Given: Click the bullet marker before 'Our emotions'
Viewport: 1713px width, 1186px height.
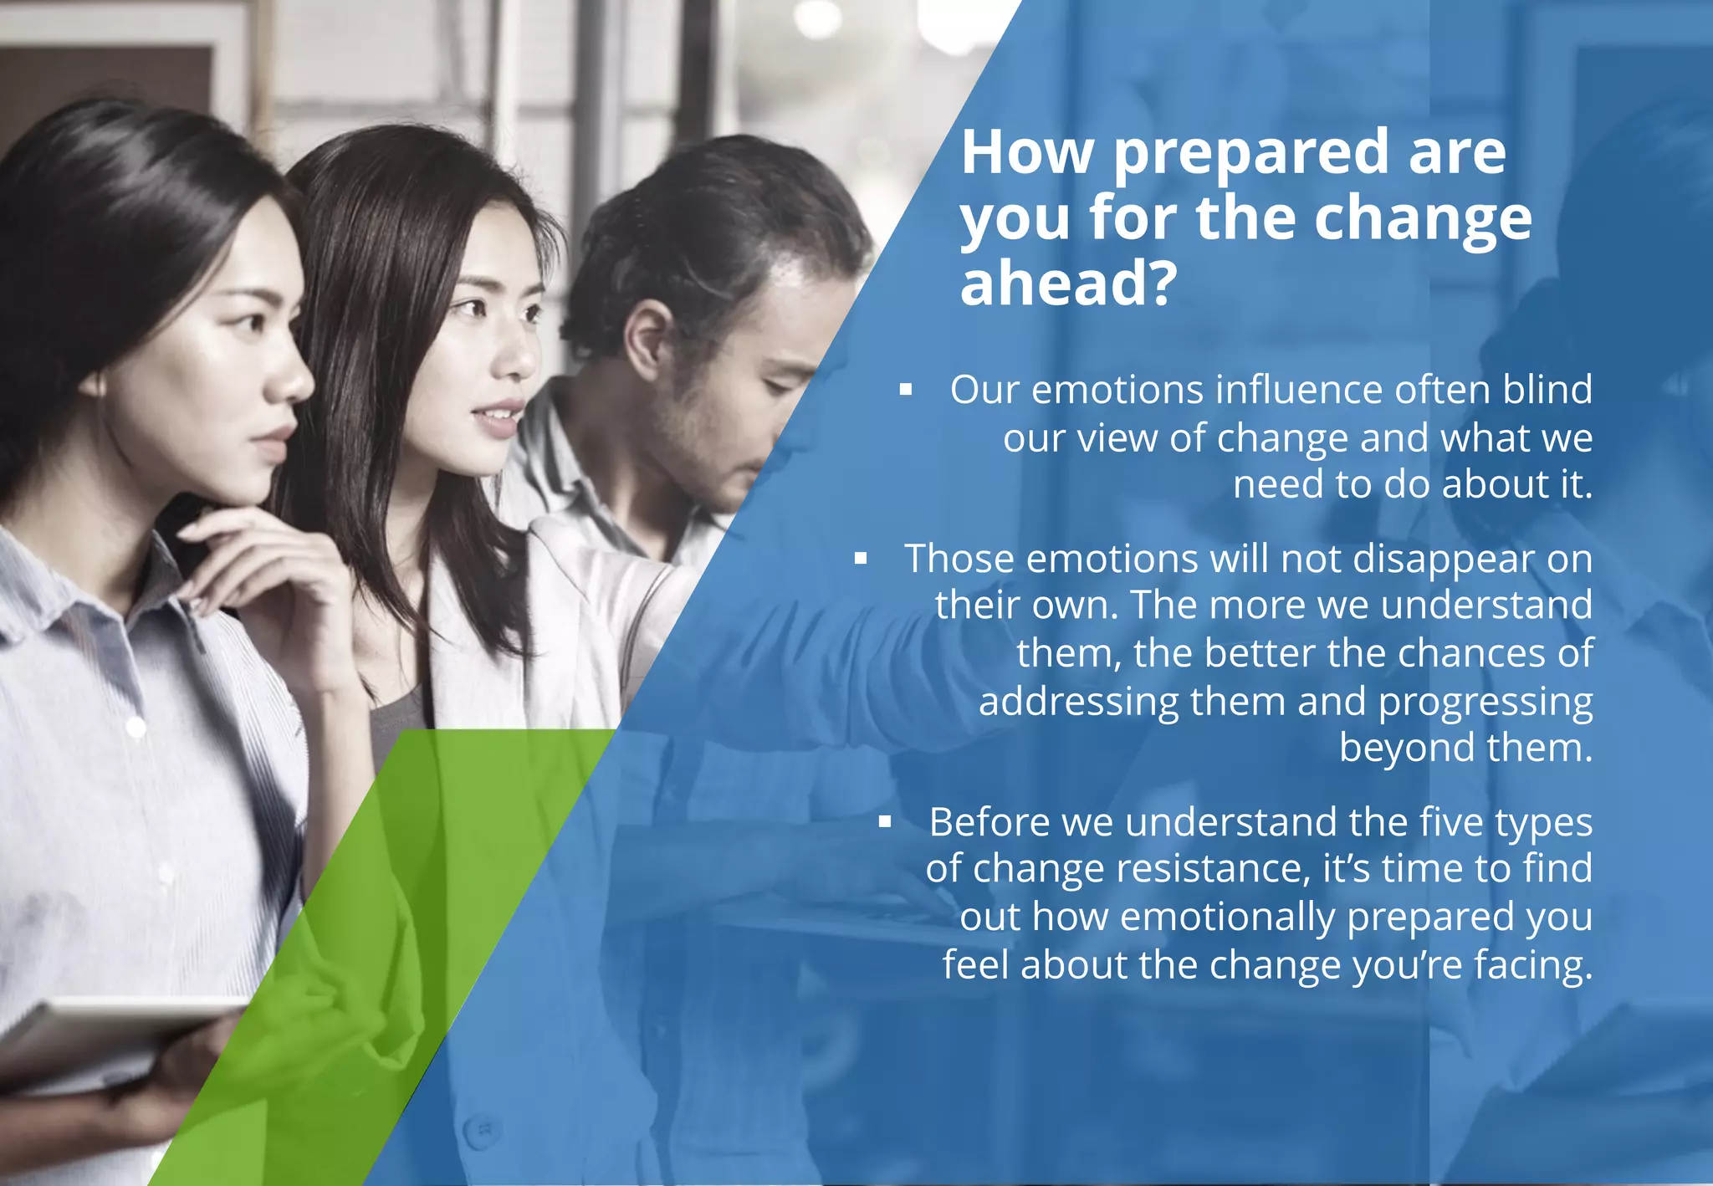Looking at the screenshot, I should click(x=905, y=390).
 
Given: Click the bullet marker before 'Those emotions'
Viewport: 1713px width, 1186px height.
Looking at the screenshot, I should click(x=860, y=559).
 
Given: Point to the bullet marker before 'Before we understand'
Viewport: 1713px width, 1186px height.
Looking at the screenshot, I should click(x=885, y=822).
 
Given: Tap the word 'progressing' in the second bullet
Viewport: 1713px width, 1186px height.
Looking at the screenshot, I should click(x=1485, y=703).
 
